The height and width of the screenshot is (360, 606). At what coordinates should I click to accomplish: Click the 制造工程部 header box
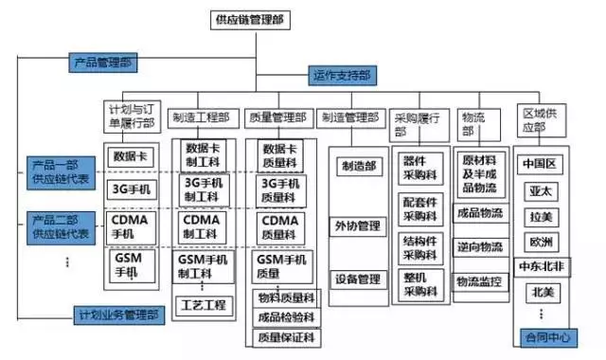click(x=201, y=118)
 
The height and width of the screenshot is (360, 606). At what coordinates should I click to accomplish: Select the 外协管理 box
click(x=356, y=225)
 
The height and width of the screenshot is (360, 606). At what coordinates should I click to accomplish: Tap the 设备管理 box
click(x=356, y=279)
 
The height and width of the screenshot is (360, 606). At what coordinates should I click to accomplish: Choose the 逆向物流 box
click(x=479, y=246)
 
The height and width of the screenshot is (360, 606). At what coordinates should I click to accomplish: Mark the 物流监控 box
click(x=479, y=281)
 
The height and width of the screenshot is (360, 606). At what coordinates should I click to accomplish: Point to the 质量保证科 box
click(x=281, y=337)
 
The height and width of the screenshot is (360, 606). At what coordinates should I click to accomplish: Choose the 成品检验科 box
click(x=281, y=317)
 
